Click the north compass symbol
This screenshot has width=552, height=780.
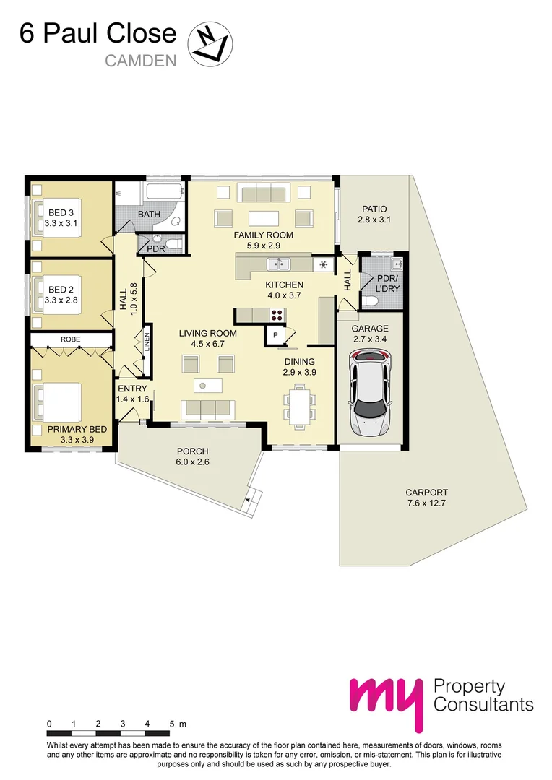pyautogui.click(x=210, y=44)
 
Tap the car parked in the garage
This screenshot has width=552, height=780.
pyautogui.click(x=370, y=391)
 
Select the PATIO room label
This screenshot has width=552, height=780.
pyautogui.click(x=374, y=209)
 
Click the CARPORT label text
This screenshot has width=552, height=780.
pyautogui.click(x=426, y=493)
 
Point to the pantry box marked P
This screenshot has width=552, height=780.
pyautogui.click(x=275, y=335)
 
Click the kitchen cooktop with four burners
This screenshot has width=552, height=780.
pyautogui.click(x=277, y=315)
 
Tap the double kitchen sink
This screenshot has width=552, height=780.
pyautogui.click(x=279, y=263)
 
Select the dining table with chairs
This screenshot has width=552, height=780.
pyautogui.click(x=300, y=404)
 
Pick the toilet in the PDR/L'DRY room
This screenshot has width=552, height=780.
pyautogui.click(x=370, y=301)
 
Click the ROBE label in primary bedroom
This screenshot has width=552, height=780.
pyautogui.click(x=71, y=339)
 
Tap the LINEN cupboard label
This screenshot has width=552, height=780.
pyautogui.click(x=147, y=342)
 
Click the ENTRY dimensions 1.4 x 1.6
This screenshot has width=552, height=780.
pyautogui.click(x=132, y=399)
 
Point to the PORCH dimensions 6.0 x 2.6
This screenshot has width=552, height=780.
pyautogui.click(x=193, y=461)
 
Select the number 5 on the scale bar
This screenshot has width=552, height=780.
pyautogui.click(x=172, y=724)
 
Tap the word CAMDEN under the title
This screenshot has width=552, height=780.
pyautogui.click(x=141, y=61)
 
